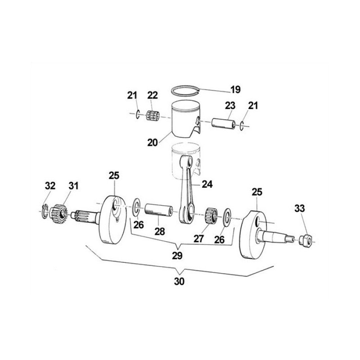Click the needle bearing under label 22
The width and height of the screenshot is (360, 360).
(x=154, y=116)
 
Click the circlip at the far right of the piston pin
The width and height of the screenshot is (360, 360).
(x=243, y=126)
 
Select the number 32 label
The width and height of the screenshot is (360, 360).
(x=50, y=186)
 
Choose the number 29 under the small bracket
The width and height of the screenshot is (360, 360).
(x=177, y=256)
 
